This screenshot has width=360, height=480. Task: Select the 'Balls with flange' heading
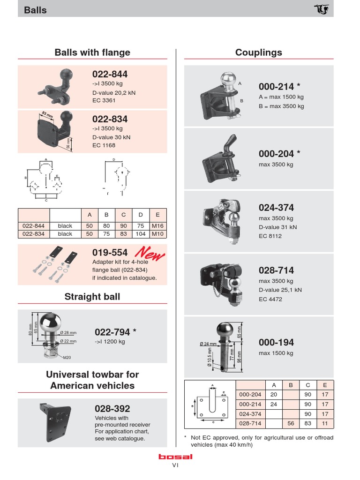pyautogui.click(x=92, y=52)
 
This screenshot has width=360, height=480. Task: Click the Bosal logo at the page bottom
pyautogui.click(x=175, y=457)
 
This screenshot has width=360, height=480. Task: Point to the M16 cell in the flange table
pyautogui.click(x=158, y=225)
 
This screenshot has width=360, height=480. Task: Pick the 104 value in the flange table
pyautogui.click(x=141, y=234)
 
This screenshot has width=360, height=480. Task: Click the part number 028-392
pyautogui.click(x=112, y=408)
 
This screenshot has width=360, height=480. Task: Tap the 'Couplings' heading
pyautogui.click(x=259, y=52)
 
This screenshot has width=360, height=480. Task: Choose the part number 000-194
pyautogui.click(x=276, y=343)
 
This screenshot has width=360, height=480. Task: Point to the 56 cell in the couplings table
pyautogui.click(x=291, y=423)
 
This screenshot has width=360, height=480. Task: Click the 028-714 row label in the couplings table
pyautogui.click(x=250, y=423)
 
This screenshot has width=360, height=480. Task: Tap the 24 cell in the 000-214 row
pyautogui.click(x=274, y=404)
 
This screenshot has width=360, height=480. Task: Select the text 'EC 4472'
pyautogui.click(x=270, y=299)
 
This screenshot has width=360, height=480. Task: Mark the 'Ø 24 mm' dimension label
pyautogui.click(x=208, y=344)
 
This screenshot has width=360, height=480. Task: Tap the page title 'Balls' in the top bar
pyautogui.click(x=35, y=10)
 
